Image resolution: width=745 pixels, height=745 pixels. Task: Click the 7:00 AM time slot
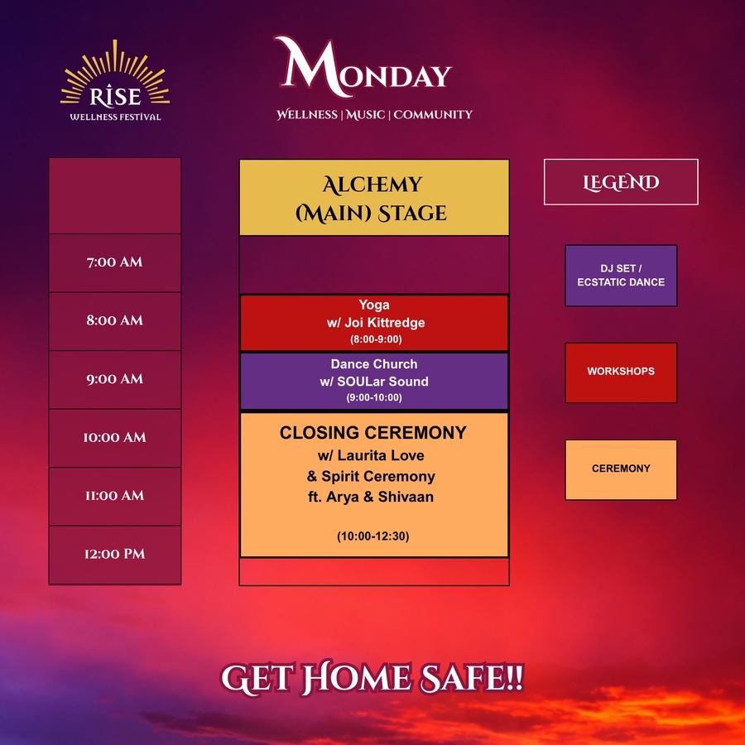[x=114, y=262]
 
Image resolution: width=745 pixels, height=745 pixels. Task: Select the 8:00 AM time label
[x=114, y=320]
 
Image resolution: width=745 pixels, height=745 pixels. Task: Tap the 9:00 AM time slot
[x=114, y=380]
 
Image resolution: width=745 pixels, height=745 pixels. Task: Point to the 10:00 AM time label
[x=114, y=437]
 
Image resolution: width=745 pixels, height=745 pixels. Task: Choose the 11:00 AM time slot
[x=114, y=497]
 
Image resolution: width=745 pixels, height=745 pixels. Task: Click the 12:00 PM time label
[x=114, y=554]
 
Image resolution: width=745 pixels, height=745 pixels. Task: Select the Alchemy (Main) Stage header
[x=374, y=198]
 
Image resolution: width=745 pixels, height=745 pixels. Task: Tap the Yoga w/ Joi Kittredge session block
[x=374, y=323]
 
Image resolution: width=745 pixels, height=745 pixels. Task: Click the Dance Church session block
[x=374, y=381]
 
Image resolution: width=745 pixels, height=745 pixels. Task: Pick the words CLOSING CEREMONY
[x=373, y=433]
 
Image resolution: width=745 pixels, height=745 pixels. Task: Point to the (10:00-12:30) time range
[x=373, y=536]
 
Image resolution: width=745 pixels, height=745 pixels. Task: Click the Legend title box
[x=621, y=182]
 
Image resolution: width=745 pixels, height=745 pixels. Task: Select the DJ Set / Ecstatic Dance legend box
[x=621, y=276]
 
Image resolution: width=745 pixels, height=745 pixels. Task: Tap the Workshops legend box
[x=621, y=373]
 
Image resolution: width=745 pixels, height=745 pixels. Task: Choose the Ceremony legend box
[x=621, y=470]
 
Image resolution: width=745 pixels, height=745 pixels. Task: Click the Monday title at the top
[x=363, y=68]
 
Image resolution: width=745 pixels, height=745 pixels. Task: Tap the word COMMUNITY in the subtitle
[x=433, y=114]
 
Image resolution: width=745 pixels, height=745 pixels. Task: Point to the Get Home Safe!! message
[x=372, y=678]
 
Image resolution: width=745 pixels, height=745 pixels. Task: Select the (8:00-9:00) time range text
[x=376, y=339]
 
